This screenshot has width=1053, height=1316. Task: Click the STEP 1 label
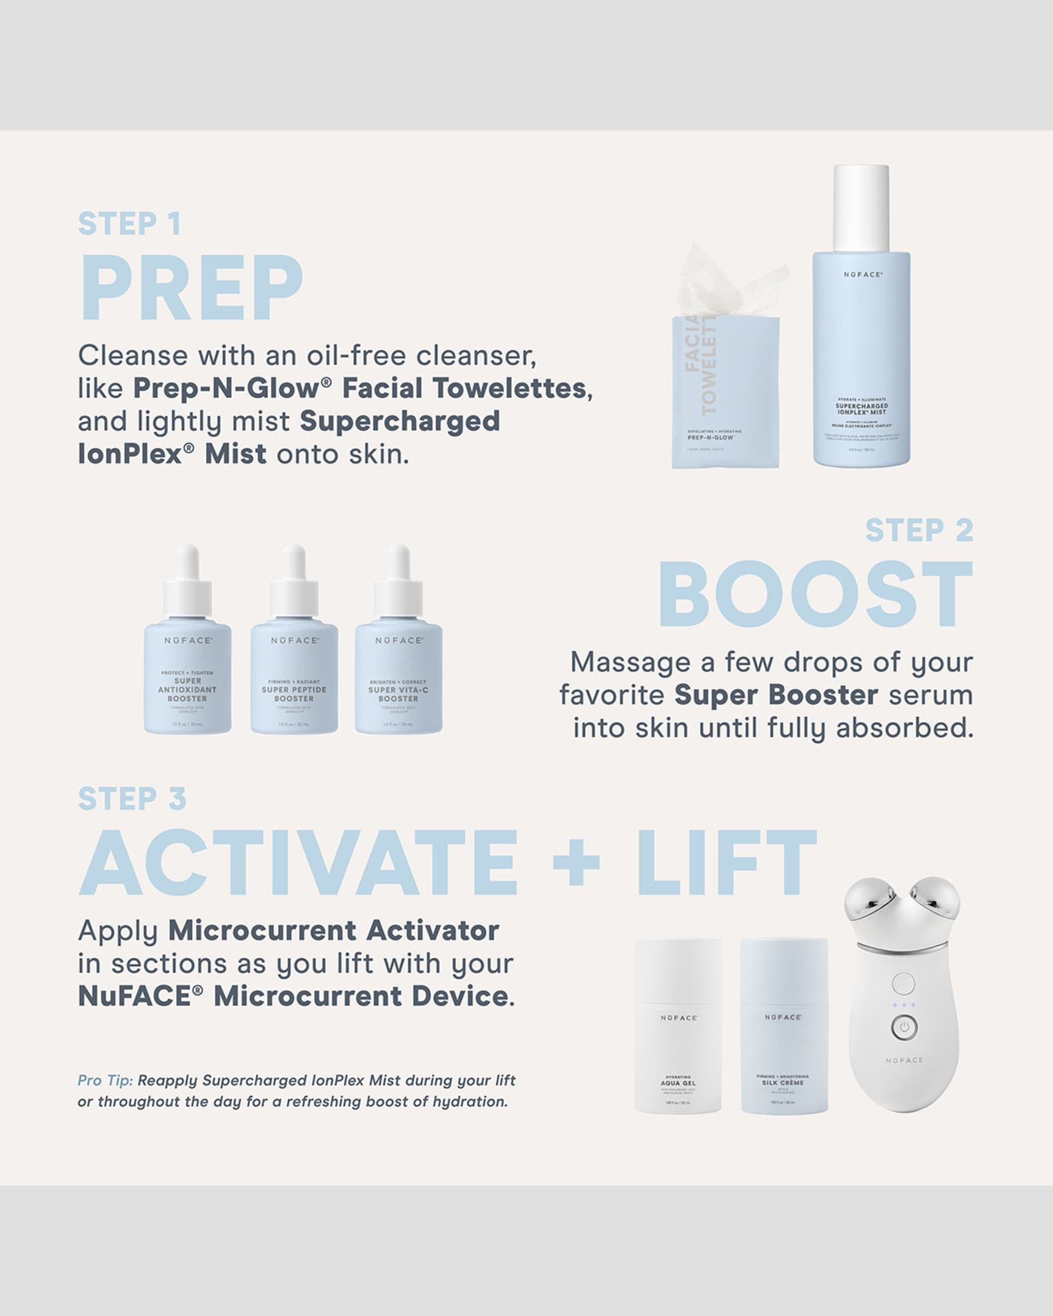129,224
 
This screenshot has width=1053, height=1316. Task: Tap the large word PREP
191,289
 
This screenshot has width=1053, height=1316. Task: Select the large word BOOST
815,594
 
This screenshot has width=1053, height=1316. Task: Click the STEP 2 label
919,530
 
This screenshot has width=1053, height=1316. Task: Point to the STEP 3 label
132,799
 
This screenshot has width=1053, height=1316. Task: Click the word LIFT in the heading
726,863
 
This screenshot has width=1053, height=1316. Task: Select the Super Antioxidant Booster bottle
188,673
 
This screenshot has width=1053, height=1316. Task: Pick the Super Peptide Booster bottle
294,673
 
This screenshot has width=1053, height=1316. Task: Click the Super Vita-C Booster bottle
399,673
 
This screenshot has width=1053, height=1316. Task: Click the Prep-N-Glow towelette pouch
725,393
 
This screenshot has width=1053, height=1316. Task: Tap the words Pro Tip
105,1080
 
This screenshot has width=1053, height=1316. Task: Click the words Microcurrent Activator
333,931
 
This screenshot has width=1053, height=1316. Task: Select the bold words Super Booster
776,695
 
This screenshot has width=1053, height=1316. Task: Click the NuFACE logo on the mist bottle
862,275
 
